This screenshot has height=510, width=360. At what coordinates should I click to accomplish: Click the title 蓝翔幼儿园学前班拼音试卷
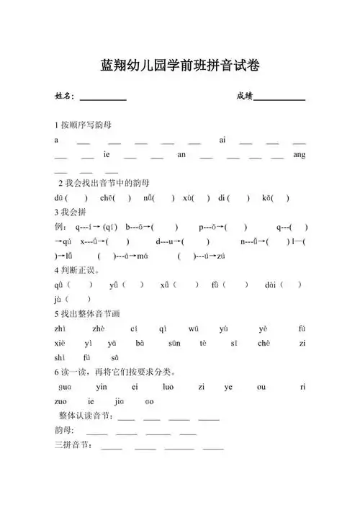pyautogui.click(x=180, y=66)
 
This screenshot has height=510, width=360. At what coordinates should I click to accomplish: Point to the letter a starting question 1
pyautogui.click(x=56, y=140)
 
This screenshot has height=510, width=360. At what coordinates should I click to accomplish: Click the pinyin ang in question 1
pyautogui.click(x=300, y=154)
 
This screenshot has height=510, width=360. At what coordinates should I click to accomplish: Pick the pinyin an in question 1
pyautogui.click(x=181, y=154)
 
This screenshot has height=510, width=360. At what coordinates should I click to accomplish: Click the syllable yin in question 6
pyautogui.click(x=101, y=387)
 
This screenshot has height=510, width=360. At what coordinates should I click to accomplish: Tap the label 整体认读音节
pyautogui.click(x=86, y=416)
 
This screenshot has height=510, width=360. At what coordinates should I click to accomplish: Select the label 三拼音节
pyautogui.click(x=73, y=446)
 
